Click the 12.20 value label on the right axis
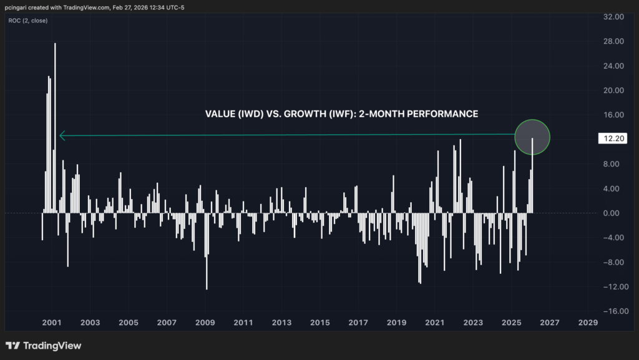click(608, 139)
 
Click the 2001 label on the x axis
click(51, 323)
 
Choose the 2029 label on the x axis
click(588, 323)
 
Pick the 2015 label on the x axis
click(319, 323)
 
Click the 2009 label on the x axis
click(205, 323)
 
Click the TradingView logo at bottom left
click(43, 346)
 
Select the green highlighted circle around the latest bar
click(532, 136)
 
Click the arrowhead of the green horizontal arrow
click(62, 135)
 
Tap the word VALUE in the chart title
click(218, 114)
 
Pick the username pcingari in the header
click(20, 6)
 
